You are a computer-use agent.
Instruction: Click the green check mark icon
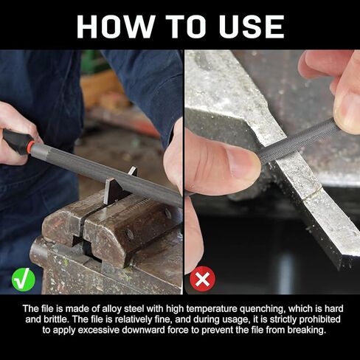pyautogui.click(x=24, y=280)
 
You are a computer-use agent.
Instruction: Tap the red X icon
pyautogui.click(x=203, y=279)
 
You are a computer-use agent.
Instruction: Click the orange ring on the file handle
pyautogui.click(x=30, y=148)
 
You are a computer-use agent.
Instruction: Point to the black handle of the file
pyautogui.click(x=15, y=141)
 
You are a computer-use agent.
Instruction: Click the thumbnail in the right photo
pyautogui.click(x=241, y=163)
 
